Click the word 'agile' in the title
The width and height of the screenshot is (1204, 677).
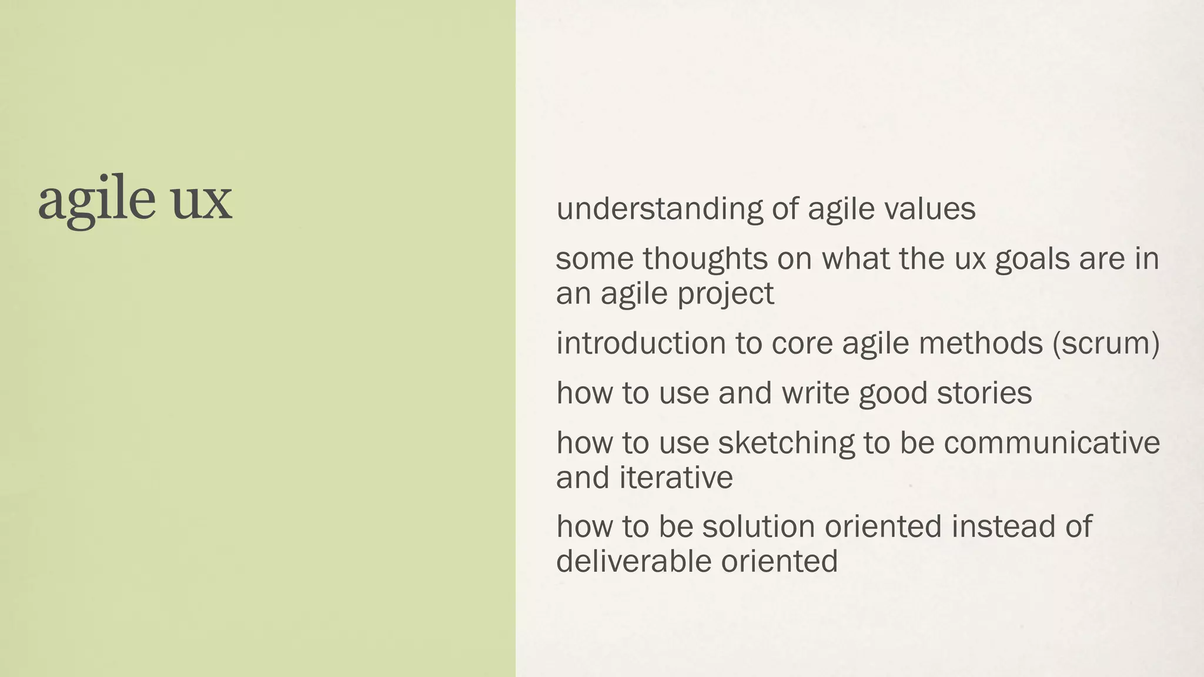click(96, 200)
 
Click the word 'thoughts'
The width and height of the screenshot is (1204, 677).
click(705, 259)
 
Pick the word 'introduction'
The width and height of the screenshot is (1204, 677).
click(641, 343)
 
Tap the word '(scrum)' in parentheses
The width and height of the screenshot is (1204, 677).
click(1106, 343)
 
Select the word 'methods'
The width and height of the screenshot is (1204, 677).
click(981, 343)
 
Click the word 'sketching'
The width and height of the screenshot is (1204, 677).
click(786, 443)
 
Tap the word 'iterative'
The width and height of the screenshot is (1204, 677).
click(675, 477)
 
